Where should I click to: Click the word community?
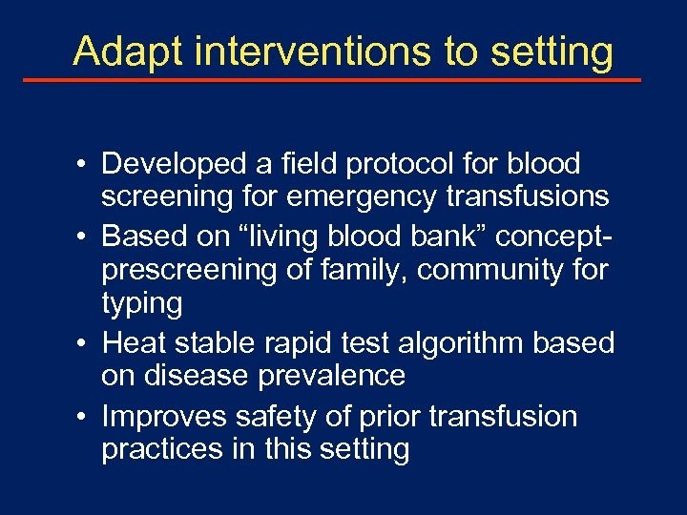pos(486,270)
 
